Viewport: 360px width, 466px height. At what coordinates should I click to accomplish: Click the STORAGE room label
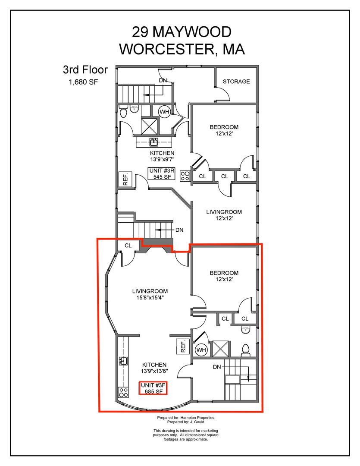tap(236, 82)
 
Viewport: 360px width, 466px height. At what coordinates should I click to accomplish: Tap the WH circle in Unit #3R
tap(164, 112)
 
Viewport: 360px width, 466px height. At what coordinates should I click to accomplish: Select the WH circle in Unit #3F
tap(201, 350)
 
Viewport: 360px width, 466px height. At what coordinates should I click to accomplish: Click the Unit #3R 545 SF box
tap(162, 173)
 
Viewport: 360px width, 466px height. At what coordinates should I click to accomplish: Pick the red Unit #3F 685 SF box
tap(153, 388)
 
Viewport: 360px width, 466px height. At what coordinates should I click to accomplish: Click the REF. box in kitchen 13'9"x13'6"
tap(183, 346)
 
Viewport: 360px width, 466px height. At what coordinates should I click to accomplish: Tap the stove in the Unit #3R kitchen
tap(185, 176)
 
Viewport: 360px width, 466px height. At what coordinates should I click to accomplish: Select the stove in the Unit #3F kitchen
tap(123, 392)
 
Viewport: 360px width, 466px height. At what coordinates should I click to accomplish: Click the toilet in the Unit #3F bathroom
tap(246, 350)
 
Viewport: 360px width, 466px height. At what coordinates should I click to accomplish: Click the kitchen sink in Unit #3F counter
tap(123, 361)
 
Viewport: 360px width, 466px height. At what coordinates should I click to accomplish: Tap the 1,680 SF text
tap(83, 82)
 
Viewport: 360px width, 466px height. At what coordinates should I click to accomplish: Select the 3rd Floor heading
tap(85, 69)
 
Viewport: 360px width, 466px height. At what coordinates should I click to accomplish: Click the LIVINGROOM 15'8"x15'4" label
tap(150, 294)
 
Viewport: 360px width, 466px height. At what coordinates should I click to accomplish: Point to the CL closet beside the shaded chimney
tap(128, 246)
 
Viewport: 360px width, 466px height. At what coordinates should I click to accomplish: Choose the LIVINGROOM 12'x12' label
tap(224, 215)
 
